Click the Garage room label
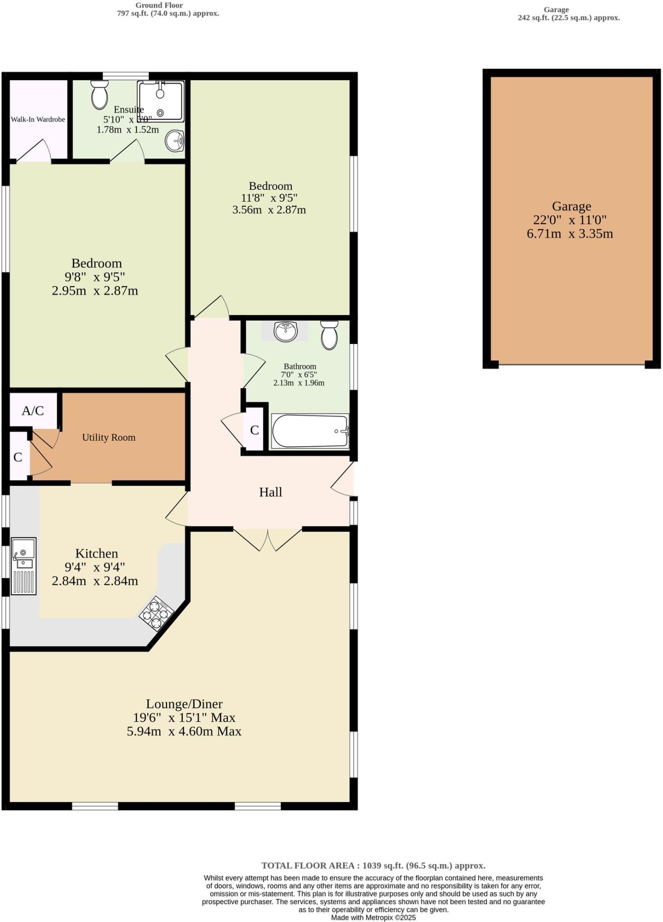[571, 206]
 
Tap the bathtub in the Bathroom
[310, 431]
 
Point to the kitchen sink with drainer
[23, 565]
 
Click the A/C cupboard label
[33, 411]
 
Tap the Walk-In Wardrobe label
[38, 119]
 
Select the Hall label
[270, 492]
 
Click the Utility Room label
[108, 437]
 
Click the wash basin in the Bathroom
[285, 331]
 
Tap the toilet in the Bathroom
[329, 335]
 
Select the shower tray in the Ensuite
[161, 101]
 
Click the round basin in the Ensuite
[175, 141]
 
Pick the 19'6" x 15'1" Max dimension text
[184, 718]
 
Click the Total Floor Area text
[373, 865]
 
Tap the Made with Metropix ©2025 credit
[373, 917]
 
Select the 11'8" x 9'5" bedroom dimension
[269, 198]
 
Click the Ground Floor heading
[159, 5]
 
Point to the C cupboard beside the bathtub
[254, 430]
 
